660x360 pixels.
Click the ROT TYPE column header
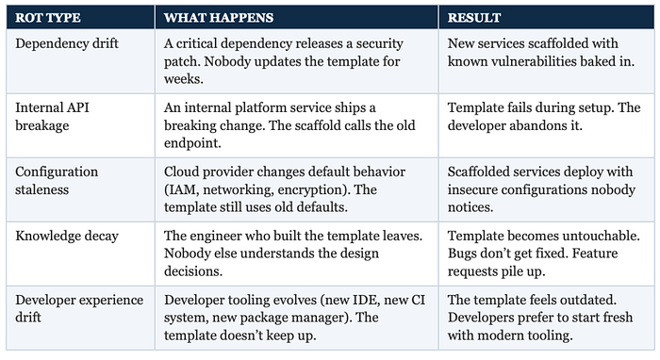click(x=47, y=18)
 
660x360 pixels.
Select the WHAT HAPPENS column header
click(x=219, y=18)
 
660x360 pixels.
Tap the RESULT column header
click(x=474, y=18)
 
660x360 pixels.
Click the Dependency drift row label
click(x=67, y=43)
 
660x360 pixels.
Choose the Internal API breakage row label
click(x=52, y=117)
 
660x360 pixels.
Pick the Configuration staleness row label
click(x=57, y=180)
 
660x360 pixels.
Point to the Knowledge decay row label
click(x=67, y=236)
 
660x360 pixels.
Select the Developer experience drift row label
click(x=79, y=308)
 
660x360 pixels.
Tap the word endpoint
click(x=192, y=143)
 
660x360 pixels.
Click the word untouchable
click(x=601, y=236)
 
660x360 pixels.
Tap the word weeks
click(x=184, y=79)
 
